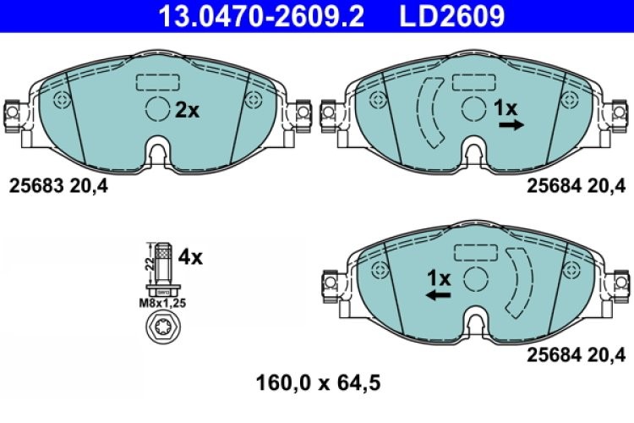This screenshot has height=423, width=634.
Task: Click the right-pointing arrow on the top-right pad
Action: (511, 125)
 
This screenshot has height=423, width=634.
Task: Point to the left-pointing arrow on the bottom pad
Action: (437, 294)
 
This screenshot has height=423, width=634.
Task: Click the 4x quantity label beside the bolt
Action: (191, 256)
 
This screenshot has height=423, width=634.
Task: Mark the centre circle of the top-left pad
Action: (157, 108)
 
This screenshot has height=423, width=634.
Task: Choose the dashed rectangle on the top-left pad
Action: (157, 83)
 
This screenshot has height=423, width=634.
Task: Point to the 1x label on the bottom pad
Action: (439, 277)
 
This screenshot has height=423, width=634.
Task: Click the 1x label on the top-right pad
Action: (505, 107)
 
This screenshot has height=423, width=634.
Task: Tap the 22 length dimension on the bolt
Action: (149, 261)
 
